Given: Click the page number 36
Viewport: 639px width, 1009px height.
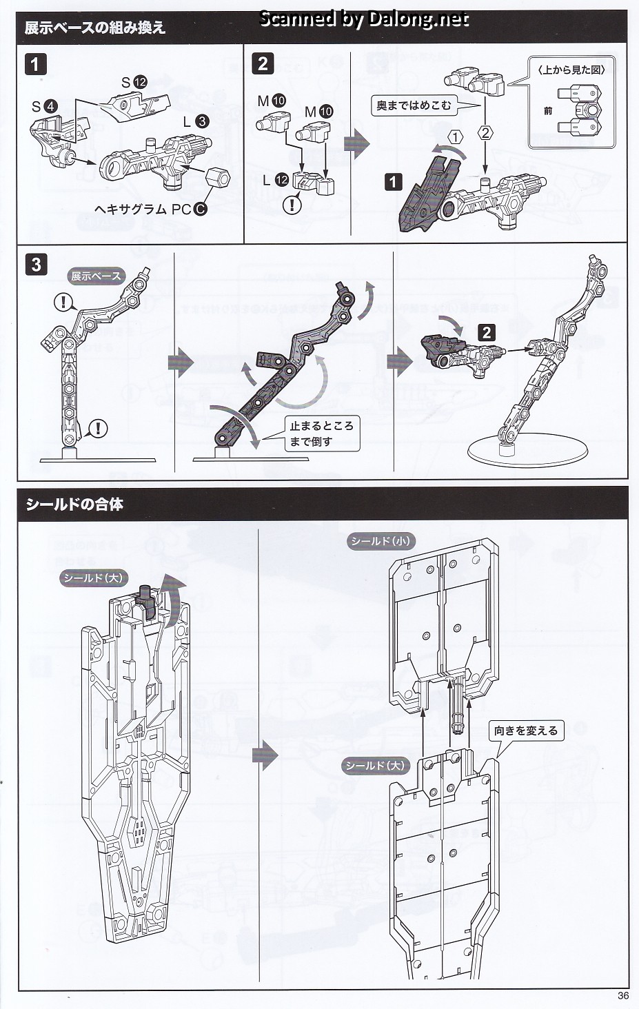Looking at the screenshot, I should click(623, 995).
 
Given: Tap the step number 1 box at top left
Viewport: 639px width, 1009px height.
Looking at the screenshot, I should click(35, 65).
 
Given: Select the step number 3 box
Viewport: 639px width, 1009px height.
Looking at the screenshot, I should click(36, 265).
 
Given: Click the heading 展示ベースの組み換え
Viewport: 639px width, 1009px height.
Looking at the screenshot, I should click(94, 28).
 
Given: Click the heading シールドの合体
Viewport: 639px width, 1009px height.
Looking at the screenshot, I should click(74, 504).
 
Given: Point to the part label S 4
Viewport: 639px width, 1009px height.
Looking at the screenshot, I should click(44, 107).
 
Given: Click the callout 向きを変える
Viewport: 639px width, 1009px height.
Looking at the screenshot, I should click(525, 731).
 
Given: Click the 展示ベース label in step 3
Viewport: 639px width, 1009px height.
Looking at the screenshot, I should click(96, 276).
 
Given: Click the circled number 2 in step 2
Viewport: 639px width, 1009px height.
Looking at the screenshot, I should click(485, 133).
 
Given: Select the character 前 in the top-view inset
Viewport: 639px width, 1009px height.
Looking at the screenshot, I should click(548, 110).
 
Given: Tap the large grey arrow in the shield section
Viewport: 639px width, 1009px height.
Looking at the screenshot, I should click(265, 756).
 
